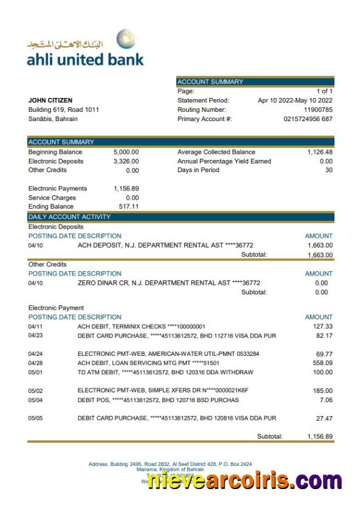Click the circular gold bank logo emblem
tap(126, 40)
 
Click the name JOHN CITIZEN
tap(50, 100)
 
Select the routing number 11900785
tap(319, 109)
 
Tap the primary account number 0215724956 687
tap(308, 119)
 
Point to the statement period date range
tap(295, 100)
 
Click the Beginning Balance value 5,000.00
tap(126, 152)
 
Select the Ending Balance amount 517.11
tap(128, 207)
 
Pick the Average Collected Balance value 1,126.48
tap(320, 152)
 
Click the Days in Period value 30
tap(328, 170)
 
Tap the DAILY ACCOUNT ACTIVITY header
tap(70, 217)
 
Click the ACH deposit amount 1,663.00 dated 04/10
tap(320, 245)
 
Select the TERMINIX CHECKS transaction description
tap(141, 327)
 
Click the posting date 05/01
tap(36, 372)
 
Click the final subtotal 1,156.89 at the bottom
tap(320, 437)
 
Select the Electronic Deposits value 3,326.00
tap(126, 161)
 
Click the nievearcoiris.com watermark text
tap(245, 481)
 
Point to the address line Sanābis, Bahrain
tap(53, 119)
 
